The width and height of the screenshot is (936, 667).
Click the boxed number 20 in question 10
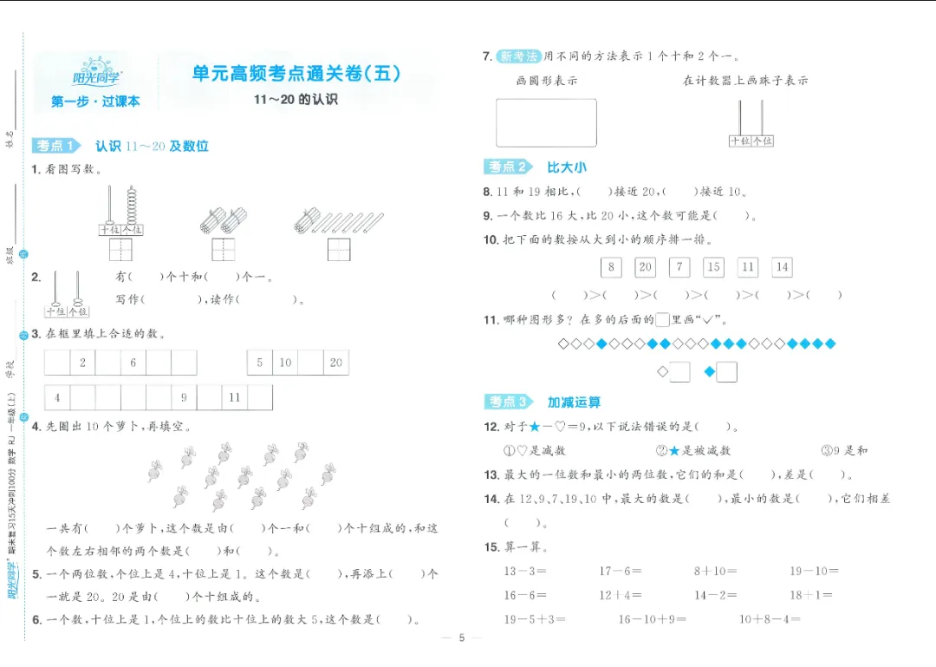pos(645,267)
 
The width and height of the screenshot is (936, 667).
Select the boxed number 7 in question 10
pos(680,267)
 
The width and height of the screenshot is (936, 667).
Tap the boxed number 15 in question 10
pos(713,267)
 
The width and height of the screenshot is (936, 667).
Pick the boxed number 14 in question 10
pos(783,267)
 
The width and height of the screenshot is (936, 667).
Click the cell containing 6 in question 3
pos(133,363)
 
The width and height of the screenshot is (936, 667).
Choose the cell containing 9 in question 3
pos(184,398)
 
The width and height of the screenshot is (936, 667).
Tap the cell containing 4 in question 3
pos(57,398)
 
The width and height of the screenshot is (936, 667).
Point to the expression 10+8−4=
pos(770,619)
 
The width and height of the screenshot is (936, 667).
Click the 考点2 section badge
pos(509,167)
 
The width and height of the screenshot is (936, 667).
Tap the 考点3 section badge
pos(509,402)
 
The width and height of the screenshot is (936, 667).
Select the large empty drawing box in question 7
pos(546,122)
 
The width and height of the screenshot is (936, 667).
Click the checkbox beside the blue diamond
pos(726,372)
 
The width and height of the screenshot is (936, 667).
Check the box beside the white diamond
pos(680,372)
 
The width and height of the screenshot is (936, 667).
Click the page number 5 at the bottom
pos(462,638)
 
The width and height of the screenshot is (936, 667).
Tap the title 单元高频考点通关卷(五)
pos(296,74)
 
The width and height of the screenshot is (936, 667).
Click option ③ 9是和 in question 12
pos(844,450)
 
